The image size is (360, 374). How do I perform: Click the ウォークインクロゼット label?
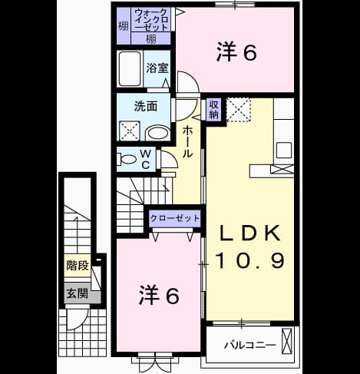[151, 20]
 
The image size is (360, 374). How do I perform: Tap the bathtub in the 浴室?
[130, 68]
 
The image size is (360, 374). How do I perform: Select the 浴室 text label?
[157, 68]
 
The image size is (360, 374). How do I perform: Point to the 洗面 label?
[146, 106]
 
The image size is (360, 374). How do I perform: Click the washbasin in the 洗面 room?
[157, 133]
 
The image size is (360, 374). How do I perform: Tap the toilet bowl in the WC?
[127, 159]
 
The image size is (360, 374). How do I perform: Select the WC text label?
[145, 160]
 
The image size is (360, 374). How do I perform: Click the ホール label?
[187, 141]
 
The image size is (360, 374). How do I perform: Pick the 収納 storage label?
[213, 110]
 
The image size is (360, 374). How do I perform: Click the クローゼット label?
[175, 218]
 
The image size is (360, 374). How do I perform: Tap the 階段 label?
[78, 266]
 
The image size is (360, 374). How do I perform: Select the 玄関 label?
[78, 293]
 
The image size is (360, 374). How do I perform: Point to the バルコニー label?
[250, 345]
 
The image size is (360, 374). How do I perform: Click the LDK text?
[249, 233]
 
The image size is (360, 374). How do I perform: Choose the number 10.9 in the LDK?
[250, 261]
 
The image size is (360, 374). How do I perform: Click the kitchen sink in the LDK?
[284, 151]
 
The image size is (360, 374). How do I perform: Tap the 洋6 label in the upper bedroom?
[236, 52]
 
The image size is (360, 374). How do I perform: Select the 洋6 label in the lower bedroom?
[159, 295]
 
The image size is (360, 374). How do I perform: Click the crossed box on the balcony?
[286, 341]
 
